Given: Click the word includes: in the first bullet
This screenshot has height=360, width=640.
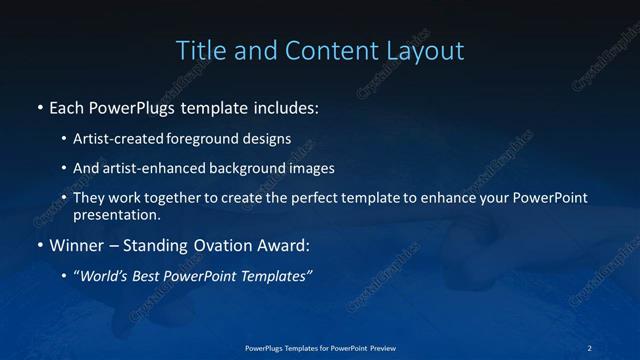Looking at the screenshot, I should (283, 106).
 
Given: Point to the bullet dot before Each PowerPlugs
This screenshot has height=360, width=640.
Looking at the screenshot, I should (39, 106).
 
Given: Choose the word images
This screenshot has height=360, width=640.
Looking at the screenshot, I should (308, 169).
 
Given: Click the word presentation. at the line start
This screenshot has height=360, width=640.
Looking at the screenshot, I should (115, 214).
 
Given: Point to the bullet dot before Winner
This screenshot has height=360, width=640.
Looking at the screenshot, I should (39, 243).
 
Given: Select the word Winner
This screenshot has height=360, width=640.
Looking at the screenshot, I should (76, 243).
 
